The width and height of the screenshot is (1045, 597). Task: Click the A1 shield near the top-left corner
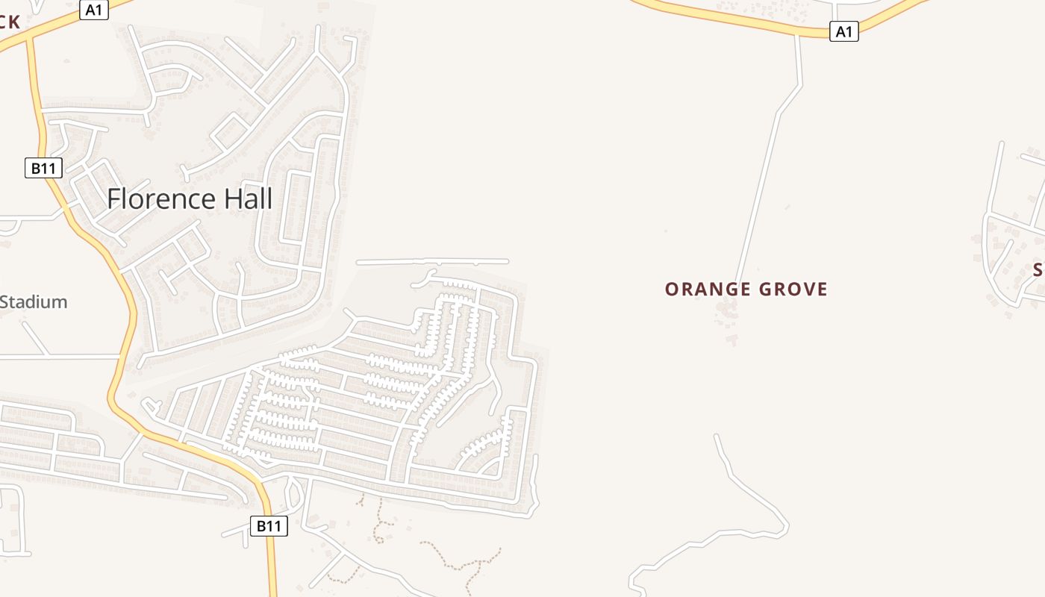tap(93, 10)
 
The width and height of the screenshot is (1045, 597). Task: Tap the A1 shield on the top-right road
tap(843, 31)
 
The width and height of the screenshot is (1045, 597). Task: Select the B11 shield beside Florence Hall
tap(43, 168)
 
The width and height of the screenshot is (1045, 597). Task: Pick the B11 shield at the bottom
tap(269, 526)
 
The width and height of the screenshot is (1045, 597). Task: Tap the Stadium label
tap(34, 302)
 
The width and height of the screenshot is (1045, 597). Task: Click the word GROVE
tap(793, 290)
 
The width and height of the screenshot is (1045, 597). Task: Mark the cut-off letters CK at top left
tap(10, 22)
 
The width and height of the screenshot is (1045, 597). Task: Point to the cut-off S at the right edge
tap(1038, 270)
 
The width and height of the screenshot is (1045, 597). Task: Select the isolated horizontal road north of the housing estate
tap(433, 262)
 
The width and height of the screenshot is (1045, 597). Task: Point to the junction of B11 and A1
tap(30, 39)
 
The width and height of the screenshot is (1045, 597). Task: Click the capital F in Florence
tap(114, 199)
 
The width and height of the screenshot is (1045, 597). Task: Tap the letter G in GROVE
tap(765, 290)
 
